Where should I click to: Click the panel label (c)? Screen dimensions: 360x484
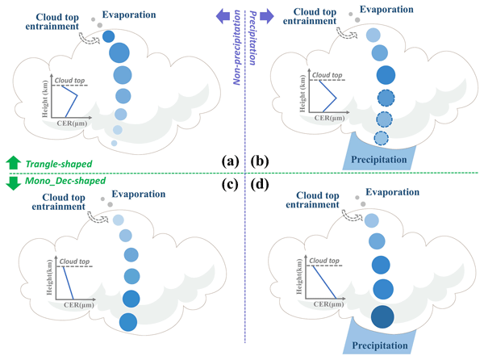[228, 185]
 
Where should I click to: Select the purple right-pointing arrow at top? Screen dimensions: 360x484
[262, 12]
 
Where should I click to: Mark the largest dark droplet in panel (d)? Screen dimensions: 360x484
[383, 317]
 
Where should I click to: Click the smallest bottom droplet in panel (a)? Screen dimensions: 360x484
[114, 144]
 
